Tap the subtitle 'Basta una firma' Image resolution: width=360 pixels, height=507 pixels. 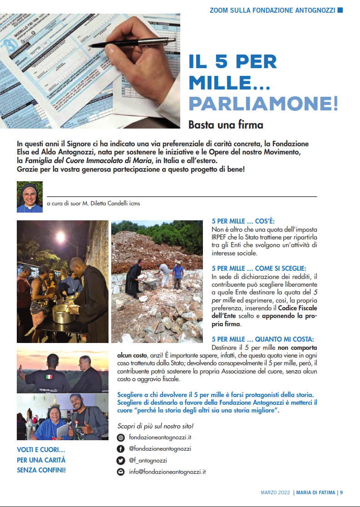click(226, 124)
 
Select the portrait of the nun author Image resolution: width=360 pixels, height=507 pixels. click(30, 197)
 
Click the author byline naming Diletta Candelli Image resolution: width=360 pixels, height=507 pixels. click(94, 204)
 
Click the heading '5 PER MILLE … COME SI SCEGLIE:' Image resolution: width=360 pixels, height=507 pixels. click(259, 268)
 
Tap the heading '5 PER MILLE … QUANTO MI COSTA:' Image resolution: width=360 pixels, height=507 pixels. click(262, 339)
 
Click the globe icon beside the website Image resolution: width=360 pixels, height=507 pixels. click(121, 437)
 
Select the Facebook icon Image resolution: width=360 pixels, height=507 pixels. click(121, 449)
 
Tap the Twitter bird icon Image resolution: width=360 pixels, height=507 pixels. click(121, 460)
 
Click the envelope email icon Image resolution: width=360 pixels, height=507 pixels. click(121, 472)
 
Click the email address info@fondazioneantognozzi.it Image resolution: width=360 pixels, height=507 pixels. click(168, 472)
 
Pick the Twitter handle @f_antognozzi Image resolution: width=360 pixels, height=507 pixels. click(148, 460)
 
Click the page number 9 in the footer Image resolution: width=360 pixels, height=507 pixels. click(341, 492)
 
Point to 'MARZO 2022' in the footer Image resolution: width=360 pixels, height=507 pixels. click(275, 492)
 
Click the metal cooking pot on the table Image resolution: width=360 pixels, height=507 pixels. click(62, 313)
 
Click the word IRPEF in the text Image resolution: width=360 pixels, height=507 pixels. click(221, 238)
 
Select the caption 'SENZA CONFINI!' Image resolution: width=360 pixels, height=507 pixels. click(41, 470)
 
